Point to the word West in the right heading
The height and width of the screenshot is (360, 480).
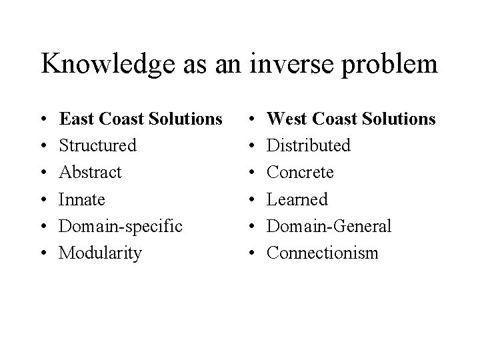285,119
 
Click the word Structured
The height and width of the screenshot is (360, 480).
98,145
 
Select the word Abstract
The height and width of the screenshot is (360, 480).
91,172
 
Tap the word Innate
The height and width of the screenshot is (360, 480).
81,199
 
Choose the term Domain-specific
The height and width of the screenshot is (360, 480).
121,226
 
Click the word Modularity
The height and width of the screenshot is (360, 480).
100,253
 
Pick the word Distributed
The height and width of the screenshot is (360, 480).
309,145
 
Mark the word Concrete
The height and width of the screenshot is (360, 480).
300,172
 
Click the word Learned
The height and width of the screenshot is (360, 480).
297,199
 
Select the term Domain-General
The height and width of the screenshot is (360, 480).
329,226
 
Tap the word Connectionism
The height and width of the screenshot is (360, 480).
323,253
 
